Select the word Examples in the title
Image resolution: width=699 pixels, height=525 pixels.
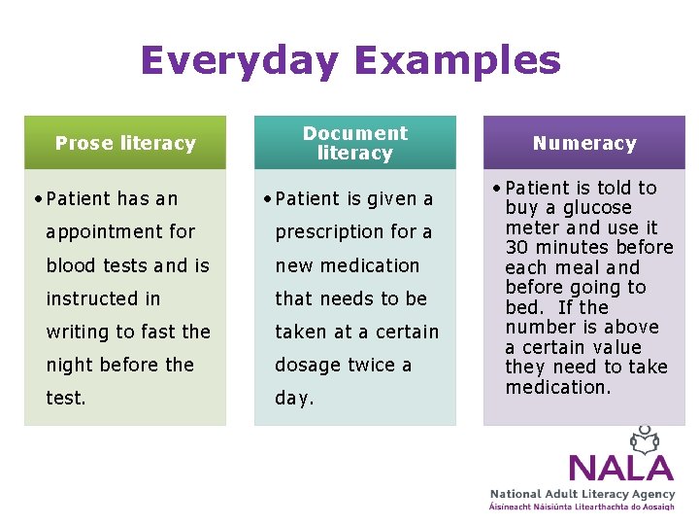457,61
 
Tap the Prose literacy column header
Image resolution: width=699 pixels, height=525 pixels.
125,143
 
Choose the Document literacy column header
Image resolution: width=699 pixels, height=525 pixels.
355,143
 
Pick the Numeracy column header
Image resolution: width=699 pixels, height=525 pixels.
584,143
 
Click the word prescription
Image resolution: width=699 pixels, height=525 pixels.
330,232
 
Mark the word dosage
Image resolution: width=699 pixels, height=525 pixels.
306,366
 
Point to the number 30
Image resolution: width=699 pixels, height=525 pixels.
516,248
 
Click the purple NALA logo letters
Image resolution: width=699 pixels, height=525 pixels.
620,468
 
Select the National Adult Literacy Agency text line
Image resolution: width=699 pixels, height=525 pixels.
582,495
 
